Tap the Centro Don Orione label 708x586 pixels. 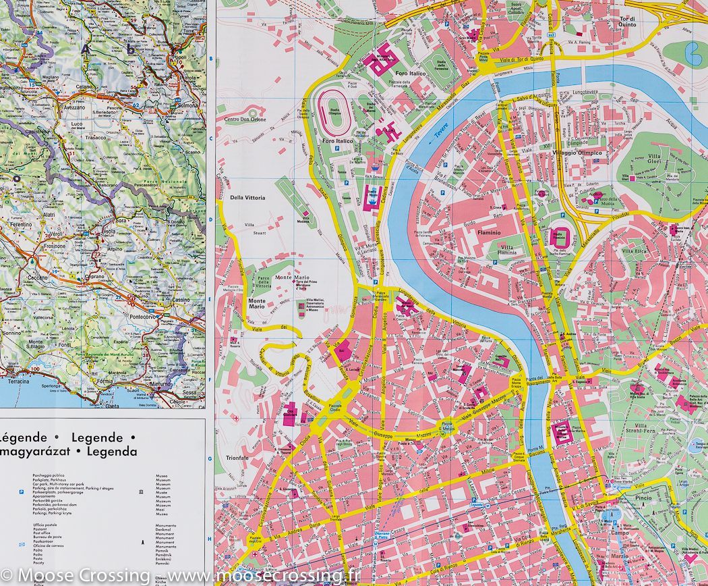coord(245,119)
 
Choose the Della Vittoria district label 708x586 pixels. coord(248,198)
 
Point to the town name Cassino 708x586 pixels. coord(181,299)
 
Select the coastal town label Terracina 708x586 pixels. coord(18,381)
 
